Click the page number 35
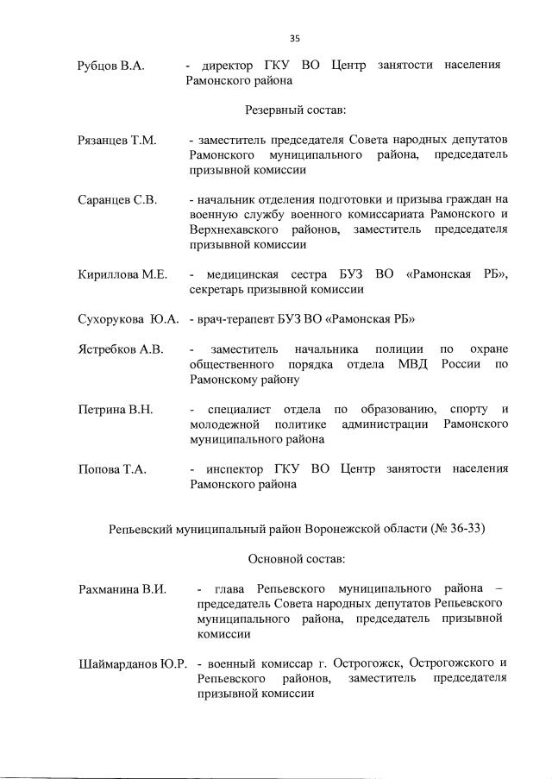[294, 38]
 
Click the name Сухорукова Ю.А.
[128, 320]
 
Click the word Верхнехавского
[231, 229]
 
